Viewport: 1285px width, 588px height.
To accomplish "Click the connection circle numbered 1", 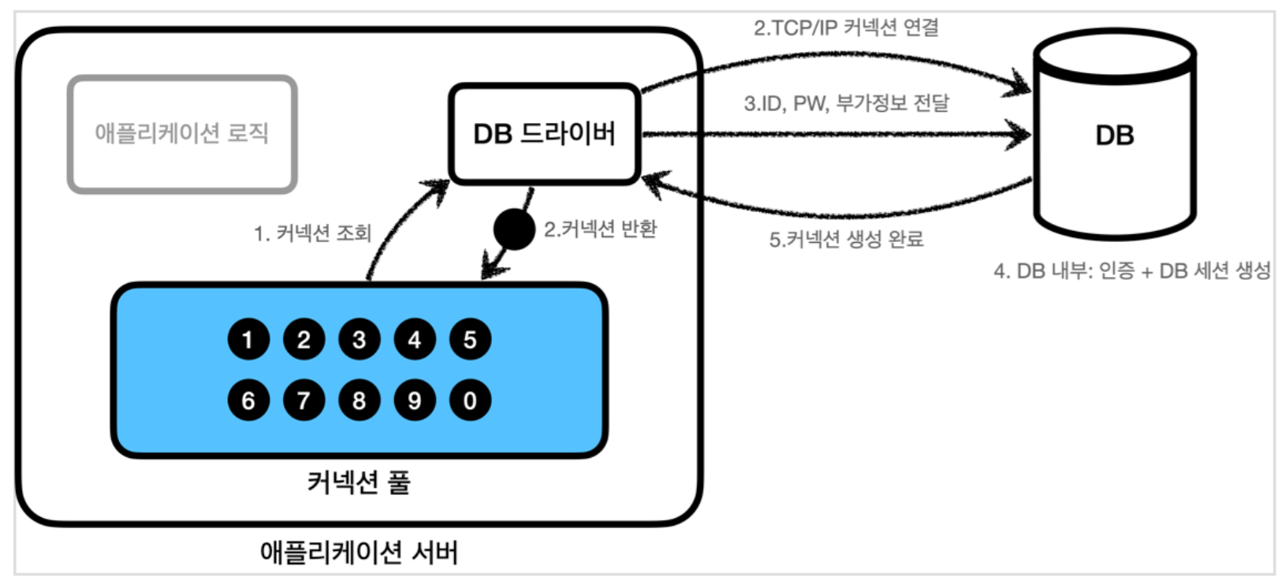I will (248, 340).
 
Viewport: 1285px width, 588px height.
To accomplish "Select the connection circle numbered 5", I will (470, 340).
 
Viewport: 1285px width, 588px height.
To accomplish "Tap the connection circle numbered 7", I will (304, 400).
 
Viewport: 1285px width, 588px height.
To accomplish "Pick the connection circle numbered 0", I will (470, 400).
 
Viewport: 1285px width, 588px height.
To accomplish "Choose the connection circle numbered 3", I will (359, 340).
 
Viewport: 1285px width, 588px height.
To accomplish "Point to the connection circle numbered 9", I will (415, 400).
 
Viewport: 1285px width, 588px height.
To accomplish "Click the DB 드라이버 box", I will (544, 134).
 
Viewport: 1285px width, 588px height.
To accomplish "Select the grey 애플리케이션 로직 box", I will (182, 134).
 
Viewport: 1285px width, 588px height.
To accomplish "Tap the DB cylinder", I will (1115, 136).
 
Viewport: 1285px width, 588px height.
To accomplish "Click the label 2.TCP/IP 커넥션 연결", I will (846, 28).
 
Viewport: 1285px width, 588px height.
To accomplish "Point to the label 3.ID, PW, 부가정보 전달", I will (846, 103).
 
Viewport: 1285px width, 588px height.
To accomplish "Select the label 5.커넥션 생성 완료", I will (846, 239).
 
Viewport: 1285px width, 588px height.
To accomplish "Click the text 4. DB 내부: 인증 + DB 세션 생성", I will (1132, 271).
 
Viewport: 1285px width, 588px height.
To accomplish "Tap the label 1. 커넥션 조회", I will (312, 233).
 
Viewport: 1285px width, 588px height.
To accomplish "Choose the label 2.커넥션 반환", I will (600, 229).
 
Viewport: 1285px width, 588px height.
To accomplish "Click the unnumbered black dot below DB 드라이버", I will (514, 229).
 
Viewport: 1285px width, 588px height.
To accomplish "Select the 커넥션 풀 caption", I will (359, 482).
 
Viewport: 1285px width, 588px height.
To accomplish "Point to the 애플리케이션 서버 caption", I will (359, 552).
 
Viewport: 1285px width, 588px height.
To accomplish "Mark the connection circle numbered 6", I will (248, 400).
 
